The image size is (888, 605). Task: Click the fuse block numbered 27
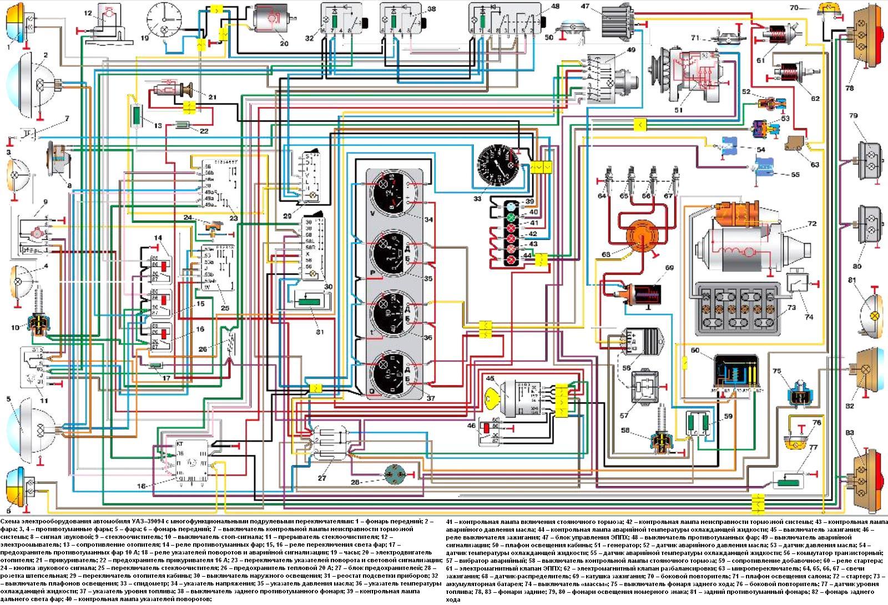tap(330, 444)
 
